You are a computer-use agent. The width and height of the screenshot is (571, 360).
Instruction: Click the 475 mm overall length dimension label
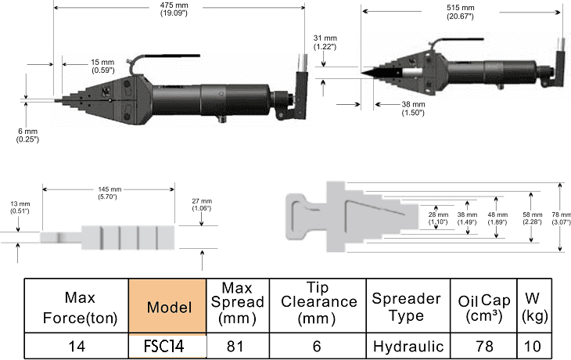click(174, 9)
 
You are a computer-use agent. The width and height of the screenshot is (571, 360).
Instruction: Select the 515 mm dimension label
click(460, 12)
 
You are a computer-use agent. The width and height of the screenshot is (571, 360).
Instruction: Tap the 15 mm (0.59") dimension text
click(102, 66)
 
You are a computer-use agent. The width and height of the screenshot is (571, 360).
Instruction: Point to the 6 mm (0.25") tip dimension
click(27, 135)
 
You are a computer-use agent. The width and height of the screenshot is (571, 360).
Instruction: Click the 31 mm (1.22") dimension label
click(325, 42)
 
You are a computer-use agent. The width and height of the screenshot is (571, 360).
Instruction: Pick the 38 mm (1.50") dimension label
click(413, 109)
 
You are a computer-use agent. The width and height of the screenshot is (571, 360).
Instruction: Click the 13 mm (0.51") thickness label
click(20, 207)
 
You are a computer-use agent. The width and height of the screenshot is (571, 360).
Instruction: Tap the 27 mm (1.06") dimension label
click(202, 204)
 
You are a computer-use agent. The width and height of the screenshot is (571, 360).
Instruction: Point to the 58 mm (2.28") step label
click(533, 218)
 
